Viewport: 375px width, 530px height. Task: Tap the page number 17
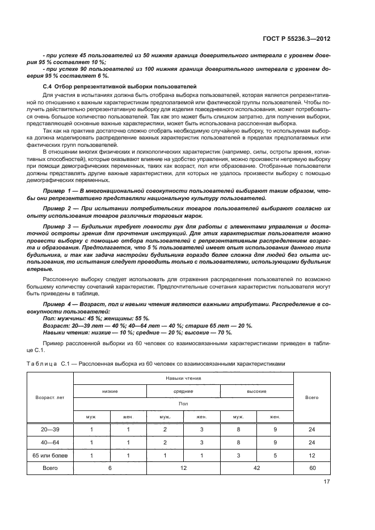tap(326, 482)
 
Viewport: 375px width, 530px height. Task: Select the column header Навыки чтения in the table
tap(183, 378)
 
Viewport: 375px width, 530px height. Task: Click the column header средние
tap(183, 391)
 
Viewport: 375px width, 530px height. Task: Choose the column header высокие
tap(256, 391)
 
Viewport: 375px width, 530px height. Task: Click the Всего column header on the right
tap(311, 397)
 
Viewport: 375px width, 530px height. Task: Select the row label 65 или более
tap(50, 455)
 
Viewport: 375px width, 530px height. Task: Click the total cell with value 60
tap(311, 468)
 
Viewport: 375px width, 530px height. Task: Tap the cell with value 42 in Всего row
tap(256, 468)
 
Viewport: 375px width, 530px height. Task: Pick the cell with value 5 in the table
tap(275, 455)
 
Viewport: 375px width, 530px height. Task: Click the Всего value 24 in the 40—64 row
tap(311, 442)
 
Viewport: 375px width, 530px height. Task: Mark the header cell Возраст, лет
tap(50, 397)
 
